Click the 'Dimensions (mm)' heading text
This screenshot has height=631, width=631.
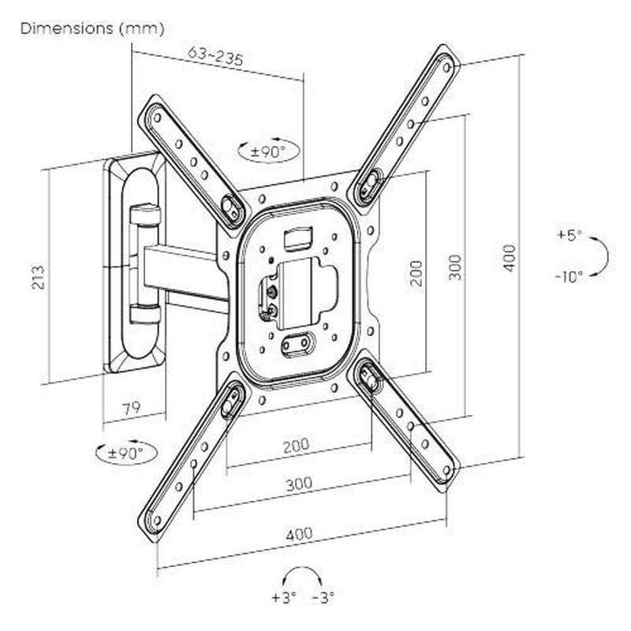[92, 29]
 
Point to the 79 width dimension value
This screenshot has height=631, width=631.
[133, 408]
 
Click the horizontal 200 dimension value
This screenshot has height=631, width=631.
[295, 446]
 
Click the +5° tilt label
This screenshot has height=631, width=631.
[568, 235]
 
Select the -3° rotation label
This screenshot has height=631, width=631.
[323, 597]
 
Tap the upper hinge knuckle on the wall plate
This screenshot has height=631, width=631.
[144, 213]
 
